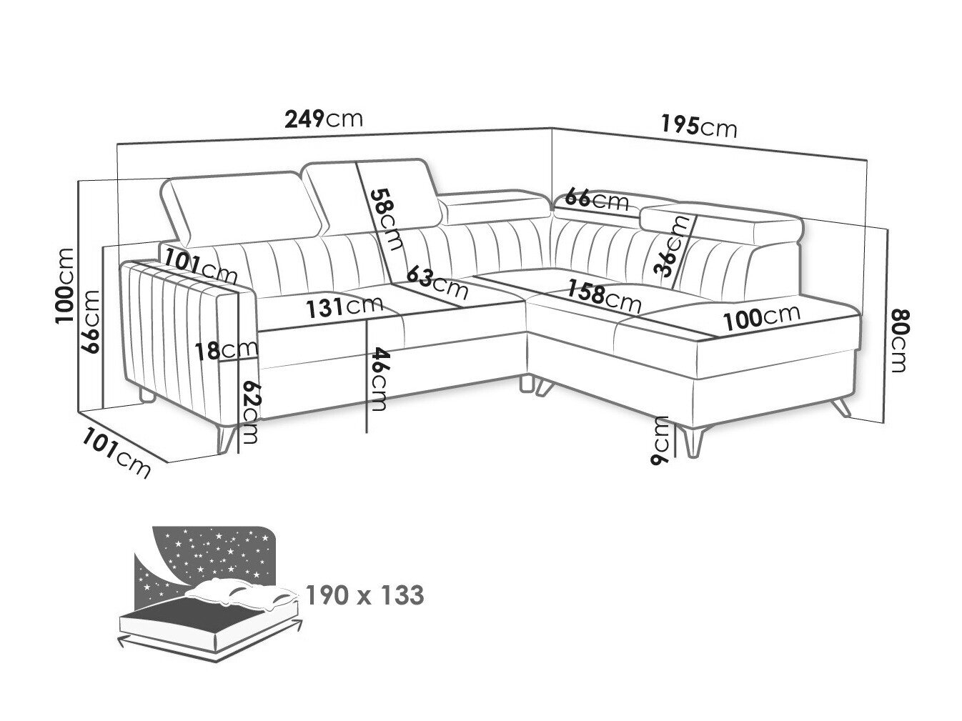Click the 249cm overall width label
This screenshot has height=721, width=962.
pyautogui.click(x=324, y=119)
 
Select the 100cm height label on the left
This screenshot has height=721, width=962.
pyautogui.click(x=65, y=286)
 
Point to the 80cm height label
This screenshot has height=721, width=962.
pyautogui.click(x=898, y=341)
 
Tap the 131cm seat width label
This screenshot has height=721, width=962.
pyautogui.click(x=344, y=307)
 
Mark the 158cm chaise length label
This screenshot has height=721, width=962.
pyautogui.click(x=603, y=297)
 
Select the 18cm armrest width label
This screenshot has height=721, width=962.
pyautogui.click(x=226, y=350)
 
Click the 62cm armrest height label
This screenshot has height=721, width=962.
pyautogui.click(x=251, y=412)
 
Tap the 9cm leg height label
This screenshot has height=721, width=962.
pyautogui.click(x=660, y=439)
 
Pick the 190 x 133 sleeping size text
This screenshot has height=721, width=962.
pyautogui.click(x=365, y=595)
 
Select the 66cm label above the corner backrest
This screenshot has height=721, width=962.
pyautogui.click(x=597, y=200)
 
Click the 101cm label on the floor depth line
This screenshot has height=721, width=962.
pyautogui.click(x=116, y=453)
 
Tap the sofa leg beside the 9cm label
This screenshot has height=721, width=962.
pyautogui.click(x=694, y=442)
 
